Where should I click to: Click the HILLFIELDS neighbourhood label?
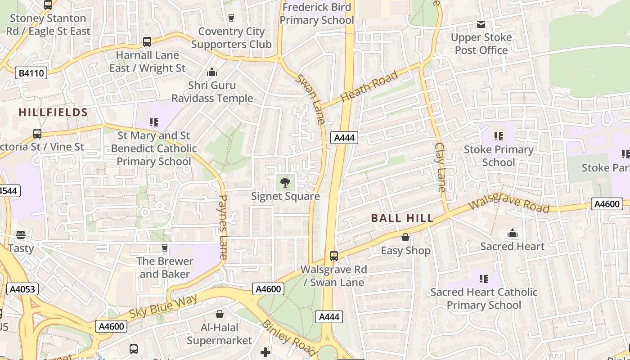[53, 112]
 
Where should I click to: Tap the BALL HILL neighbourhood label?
[402, 218]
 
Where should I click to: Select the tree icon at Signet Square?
[285, 183]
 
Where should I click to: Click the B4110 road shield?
[31, 73]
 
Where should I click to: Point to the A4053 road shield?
[22, 289]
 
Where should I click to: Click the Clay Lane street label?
[441, 167]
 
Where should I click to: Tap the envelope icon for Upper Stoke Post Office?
[481, 24]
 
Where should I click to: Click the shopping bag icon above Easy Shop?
[405, 237]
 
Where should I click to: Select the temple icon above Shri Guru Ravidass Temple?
[211, 72]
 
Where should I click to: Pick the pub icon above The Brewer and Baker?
[165, 248]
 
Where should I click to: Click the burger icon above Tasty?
[21, 235]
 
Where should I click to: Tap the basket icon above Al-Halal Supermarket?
[220, 314]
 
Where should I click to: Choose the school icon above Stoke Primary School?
[498, 136]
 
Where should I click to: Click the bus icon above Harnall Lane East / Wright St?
[147, 42]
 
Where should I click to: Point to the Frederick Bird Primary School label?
[317, 13]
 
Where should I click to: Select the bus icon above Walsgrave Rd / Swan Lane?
[334, 256]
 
